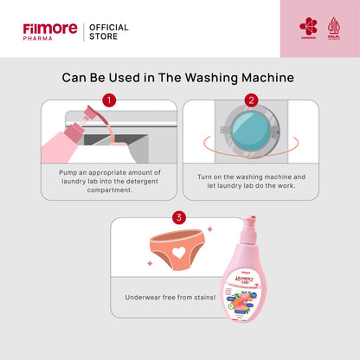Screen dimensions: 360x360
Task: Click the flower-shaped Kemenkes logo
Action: click(308, 27)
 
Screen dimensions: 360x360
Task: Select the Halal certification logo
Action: click(334, 27)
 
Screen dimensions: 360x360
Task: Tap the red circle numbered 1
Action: click(109, 100)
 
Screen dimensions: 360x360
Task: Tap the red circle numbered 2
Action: click(251, 100)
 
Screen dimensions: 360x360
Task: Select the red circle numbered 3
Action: click(179, 217)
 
